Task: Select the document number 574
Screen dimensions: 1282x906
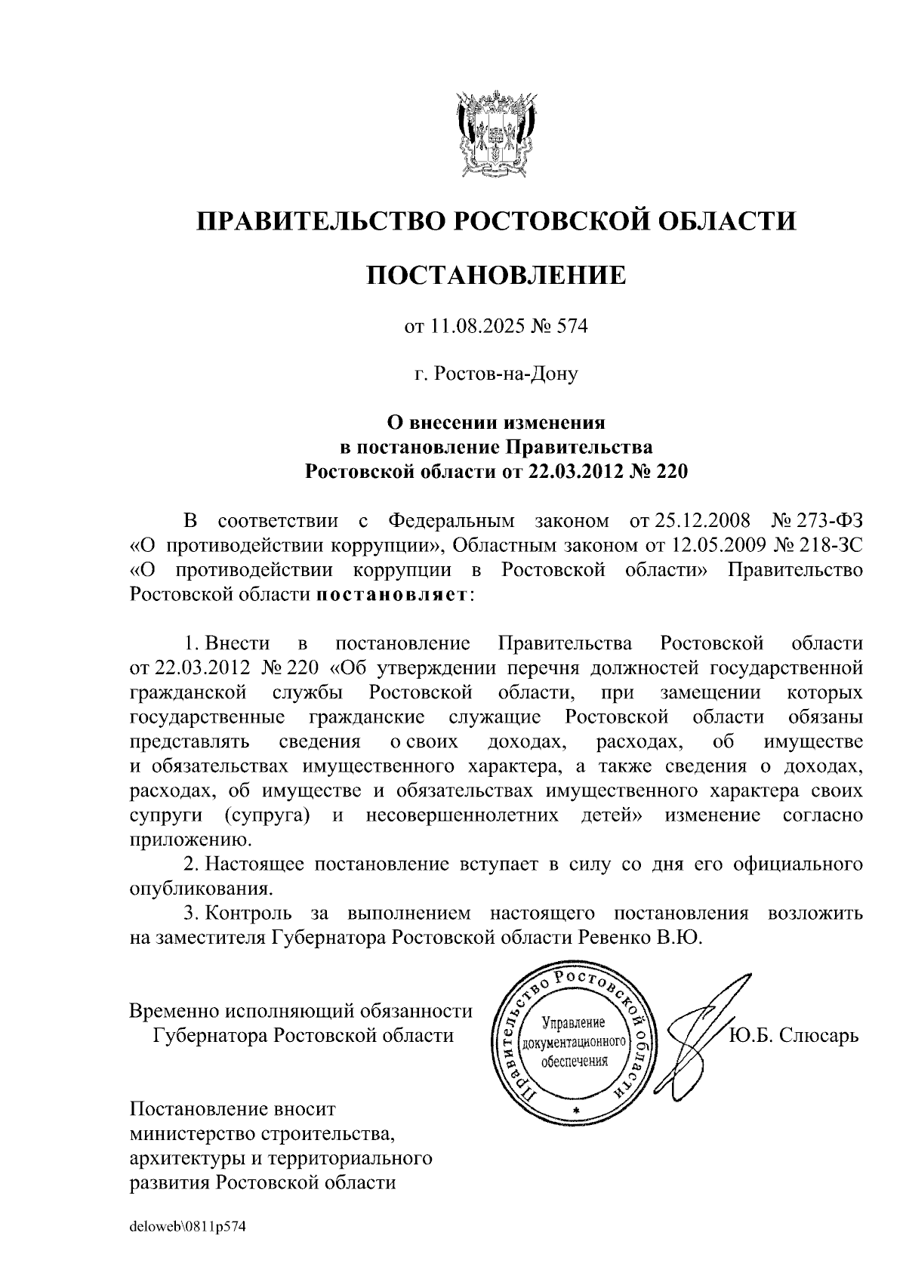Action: tap(571, 327)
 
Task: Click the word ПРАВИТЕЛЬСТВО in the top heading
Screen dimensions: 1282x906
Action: tap(317, 221)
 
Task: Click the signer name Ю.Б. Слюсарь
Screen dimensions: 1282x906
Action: tap(794, 1034)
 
